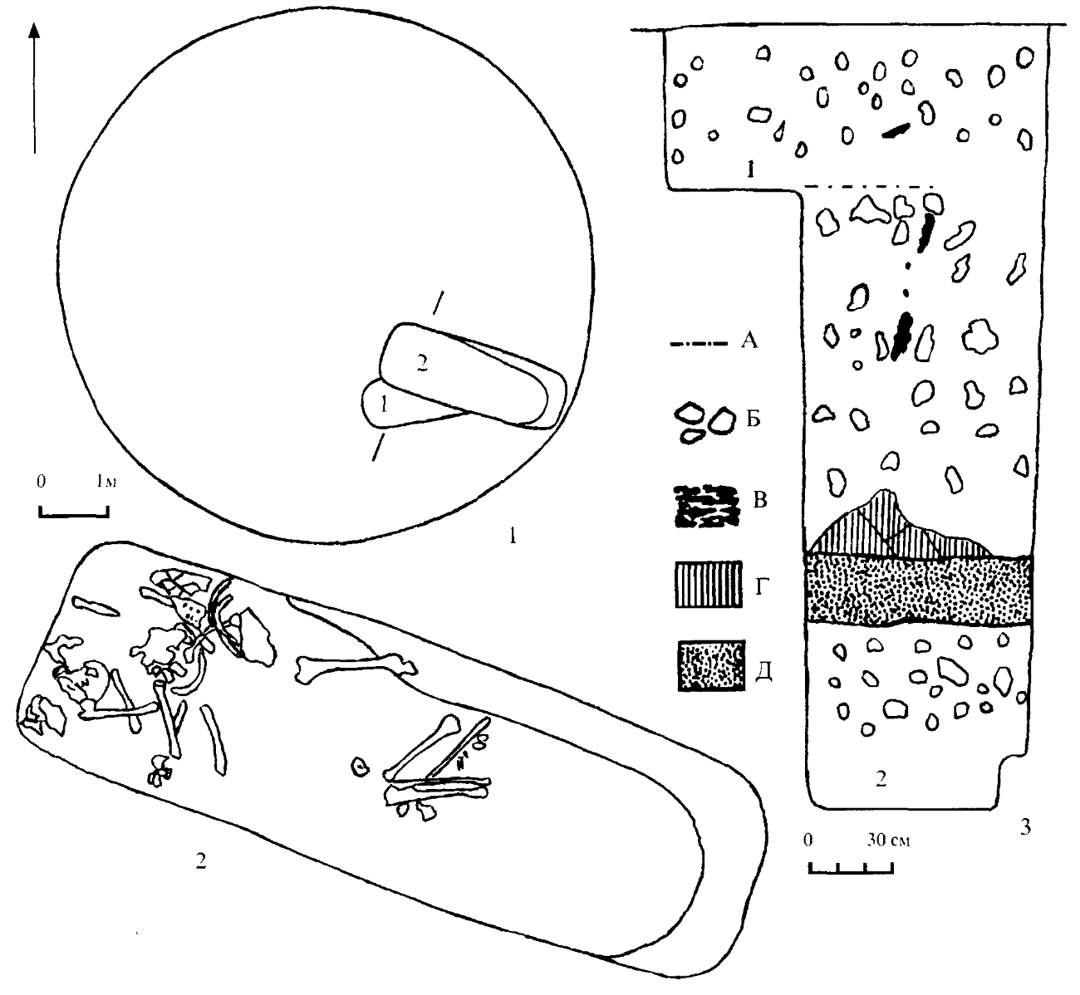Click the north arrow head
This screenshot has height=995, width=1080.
tap(34, 30)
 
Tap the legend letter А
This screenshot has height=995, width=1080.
tap(749, 341)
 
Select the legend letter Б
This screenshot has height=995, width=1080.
tap(754, 419)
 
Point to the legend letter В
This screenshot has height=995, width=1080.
tap(759, 500)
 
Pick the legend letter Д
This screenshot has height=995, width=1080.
tap(763, 671)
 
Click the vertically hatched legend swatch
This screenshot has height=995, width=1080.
tap(709, 585)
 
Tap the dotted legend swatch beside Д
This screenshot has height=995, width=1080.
tap(711, 665)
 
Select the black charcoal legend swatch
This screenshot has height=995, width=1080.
tap(705, 506)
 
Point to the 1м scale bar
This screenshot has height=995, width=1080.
tap(74, 512)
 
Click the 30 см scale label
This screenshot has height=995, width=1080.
tap(888, 840)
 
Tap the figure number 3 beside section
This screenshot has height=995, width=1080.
tap(1026, 827)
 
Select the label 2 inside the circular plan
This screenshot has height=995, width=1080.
tap(422, 365)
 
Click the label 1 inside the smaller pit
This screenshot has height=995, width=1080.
tap(383, 405)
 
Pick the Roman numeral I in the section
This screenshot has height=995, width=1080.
tap(750, 171)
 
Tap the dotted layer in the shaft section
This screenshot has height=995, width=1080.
tap(919, 590)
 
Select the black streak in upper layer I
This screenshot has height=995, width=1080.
tap(896, 131)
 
